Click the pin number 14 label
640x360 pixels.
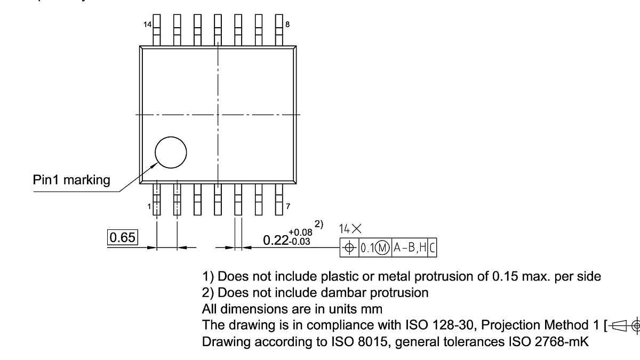point(147,25)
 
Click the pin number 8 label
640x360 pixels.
point(287,25)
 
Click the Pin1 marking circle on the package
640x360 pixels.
point(171,153)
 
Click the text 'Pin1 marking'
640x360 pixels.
point(71,180)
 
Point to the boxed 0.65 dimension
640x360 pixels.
point(123,237)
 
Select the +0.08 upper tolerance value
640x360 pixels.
point(300,232)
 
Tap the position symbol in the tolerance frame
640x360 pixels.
point(349,248)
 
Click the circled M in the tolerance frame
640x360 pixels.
point(382,248)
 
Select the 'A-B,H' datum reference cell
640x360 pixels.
point(409,248)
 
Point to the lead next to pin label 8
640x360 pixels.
point(279,30)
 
